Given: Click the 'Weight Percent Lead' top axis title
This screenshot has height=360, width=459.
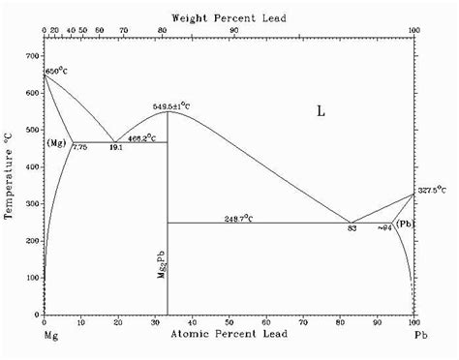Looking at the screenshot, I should pos(229,18).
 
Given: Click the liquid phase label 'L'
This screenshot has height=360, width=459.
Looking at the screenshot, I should pos(321,111).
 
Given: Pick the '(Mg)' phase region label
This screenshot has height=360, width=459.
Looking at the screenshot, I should pos(57,143).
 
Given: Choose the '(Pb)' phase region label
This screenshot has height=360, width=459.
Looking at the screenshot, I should pos(406,225).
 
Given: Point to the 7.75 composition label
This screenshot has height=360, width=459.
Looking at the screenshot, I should pos(79,147).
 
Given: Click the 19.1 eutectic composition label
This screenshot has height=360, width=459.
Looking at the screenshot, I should pos(113,147).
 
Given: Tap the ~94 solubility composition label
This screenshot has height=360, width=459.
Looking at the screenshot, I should pos(383,227).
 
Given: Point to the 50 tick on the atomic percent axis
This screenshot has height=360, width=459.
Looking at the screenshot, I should pos(229,323).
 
